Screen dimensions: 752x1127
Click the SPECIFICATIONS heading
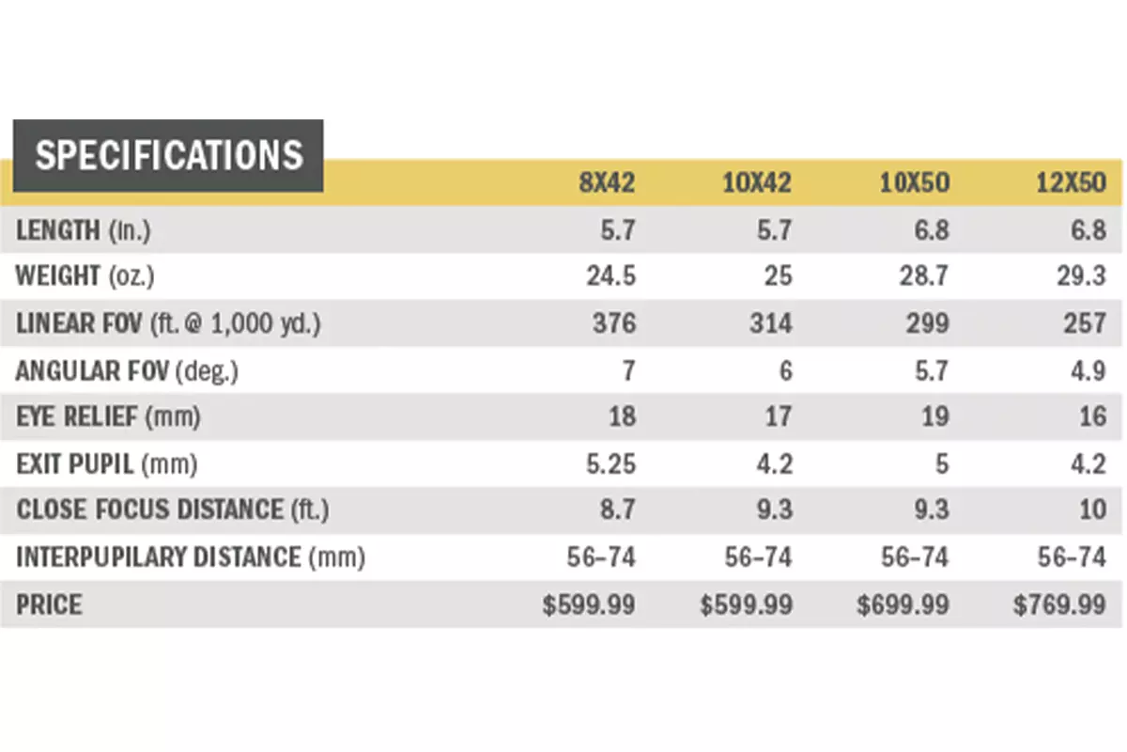click(169, 155)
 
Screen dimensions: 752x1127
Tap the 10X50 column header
click(916, 182)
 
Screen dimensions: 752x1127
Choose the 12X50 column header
click(1072, 182)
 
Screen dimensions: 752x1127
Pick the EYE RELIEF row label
click(108, 416)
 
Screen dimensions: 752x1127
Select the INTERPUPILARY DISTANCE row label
click(190, 557)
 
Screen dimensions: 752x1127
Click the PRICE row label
click(49, 604)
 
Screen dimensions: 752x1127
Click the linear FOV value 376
click(613, 323)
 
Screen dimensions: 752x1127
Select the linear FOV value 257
click(1085, 323)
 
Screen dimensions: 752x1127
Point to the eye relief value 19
click(934, 416)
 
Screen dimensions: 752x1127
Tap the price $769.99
click(1059, 604)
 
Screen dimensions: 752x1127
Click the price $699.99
click(903, 604)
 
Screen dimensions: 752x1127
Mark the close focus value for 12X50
click(1091, 510)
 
